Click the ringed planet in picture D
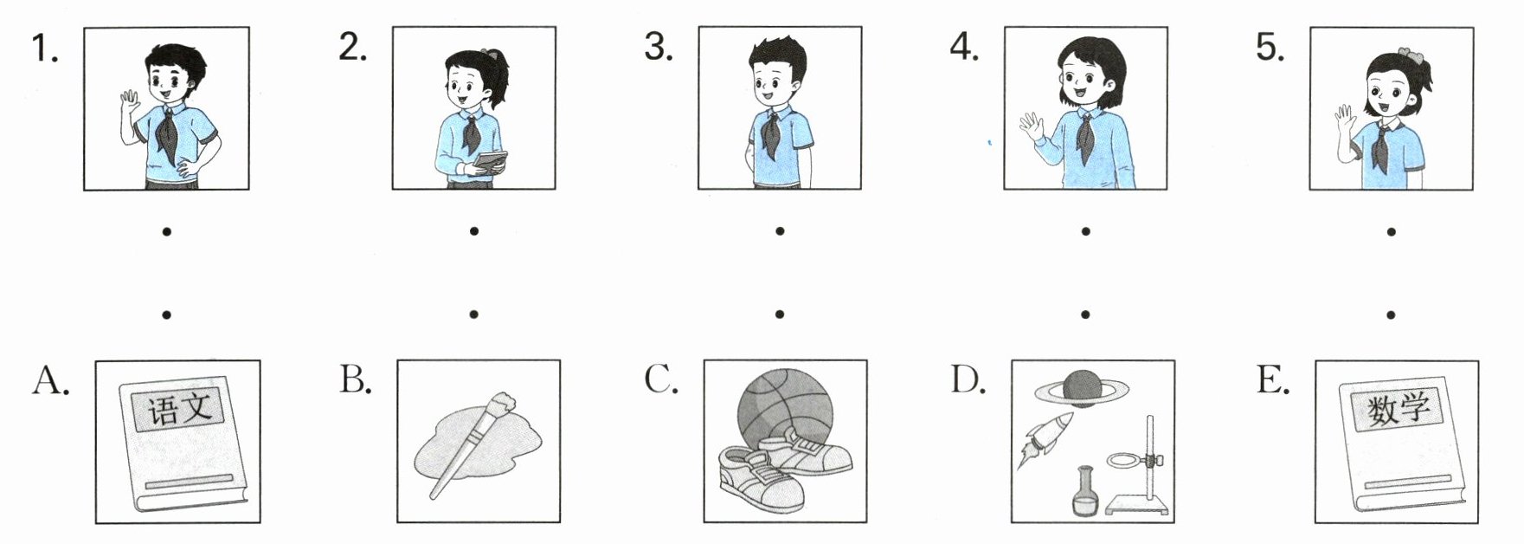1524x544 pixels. click(1082, 388)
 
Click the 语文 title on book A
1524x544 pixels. click(178, 407)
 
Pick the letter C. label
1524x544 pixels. click(661, 379)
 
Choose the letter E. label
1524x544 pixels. click(1272, 379)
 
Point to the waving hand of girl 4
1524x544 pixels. click(1030, 128)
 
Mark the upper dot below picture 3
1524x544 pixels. click(780, 231)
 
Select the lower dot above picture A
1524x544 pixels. click(166, 314)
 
